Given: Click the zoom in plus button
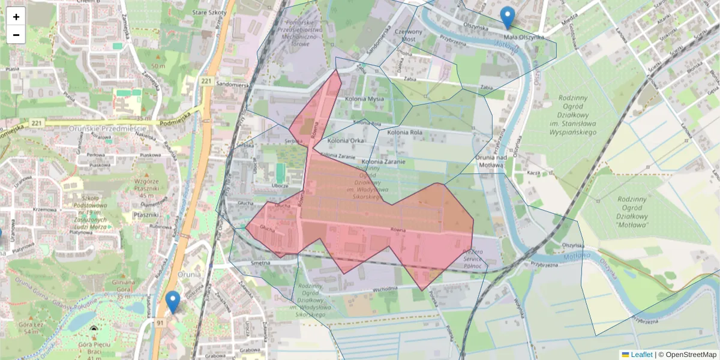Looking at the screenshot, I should pyautogui.click(x=16, y=17).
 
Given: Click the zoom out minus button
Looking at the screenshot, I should pyautogui.click(x=16, y=35).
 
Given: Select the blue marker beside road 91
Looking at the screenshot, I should pyautogui.click(x=173, y=302).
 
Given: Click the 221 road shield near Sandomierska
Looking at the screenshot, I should pyautogui.click(x=207, y=81).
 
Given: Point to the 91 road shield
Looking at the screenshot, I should pyautogui.click(x=160, y=323).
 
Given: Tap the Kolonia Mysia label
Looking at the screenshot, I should pyautogui.click(x=364, y=99).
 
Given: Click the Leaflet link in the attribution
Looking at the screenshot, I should pyautogui.click(x=641, y=355).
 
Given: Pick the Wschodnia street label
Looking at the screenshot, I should pyautogui.click(x=384, y=289).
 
